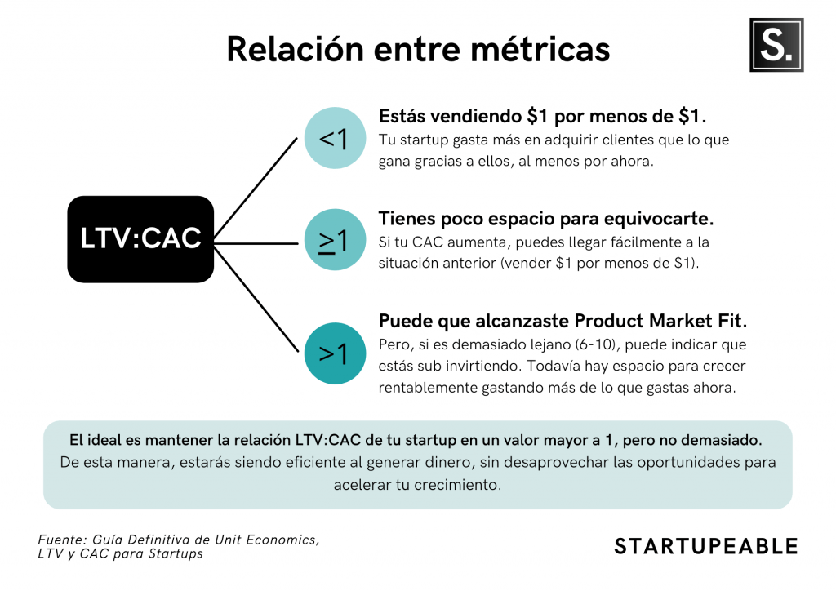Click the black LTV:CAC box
(x=140, y=239)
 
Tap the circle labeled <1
(x=335, y=138)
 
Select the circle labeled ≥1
(x=335, y=239)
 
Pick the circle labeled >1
(x=335, y=353)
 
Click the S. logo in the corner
(x=776, y=45)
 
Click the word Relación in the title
(x=296, y=49)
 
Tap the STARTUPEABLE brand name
(x=706, y=546)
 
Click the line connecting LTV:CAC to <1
(x=256, y=188)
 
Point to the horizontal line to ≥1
(x=256, y=243)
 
